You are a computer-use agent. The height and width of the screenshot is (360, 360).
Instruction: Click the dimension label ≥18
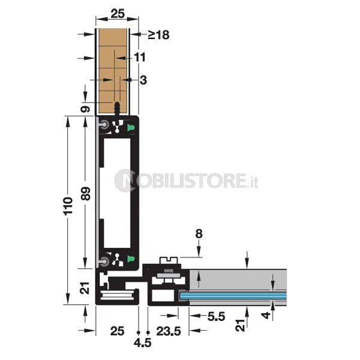(158, 35)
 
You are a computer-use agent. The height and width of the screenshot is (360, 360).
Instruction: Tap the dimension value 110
(68, 206)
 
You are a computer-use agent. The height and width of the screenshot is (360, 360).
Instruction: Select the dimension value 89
(86, 194)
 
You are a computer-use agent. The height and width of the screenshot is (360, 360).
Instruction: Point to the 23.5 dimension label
(169, 331)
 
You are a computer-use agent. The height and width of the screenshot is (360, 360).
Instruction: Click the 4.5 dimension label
(143, 343)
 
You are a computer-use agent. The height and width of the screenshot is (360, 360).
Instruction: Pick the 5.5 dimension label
(216, 317)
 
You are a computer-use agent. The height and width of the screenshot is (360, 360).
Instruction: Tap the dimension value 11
(140, 57)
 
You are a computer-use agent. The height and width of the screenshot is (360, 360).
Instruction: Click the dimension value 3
(143, 80)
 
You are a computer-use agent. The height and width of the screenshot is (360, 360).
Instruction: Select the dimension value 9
(85, 109)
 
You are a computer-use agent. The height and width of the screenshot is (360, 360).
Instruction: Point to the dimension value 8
(199, 234)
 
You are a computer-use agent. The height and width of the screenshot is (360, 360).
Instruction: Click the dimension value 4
(266, 315)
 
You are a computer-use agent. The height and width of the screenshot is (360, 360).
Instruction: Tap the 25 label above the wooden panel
(118, 14)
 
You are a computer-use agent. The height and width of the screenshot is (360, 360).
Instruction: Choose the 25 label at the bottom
(117, 331)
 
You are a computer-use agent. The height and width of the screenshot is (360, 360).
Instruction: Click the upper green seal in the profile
(131, 128)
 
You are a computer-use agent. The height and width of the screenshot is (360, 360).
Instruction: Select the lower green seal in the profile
(131, 259)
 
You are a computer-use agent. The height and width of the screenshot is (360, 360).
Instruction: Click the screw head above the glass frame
(169, 260)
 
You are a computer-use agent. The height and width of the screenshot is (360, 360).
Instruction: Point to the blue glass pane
(233, 295)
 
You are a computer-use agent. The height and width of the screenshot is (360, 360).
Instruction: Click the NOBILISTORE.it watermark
(186, 181)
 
